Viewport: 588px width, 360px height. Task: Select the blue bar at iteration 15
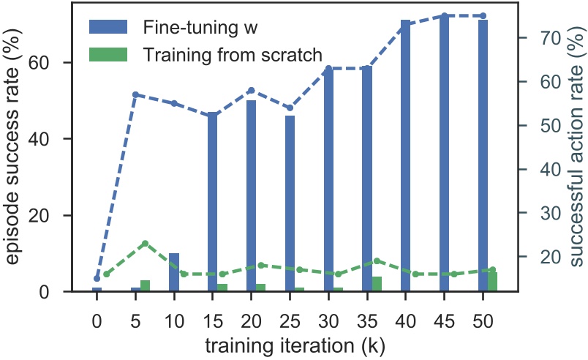(x=212, y=202)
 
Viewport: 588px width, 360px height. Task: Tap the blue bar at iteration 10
(x=174, y=272)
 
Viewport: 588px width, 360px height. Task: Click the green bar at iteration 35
(x=377, y=284)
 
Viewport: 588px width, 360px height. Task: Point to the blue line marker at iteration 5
(x=135, y=94)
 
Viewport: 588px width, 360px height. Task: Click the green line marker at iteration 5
(x=145, y=243)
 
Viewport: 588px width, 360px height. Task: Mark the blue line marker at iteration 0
(x=97, y=278)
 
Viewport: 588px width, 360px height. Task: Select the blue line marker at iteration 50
(x=483, y=15)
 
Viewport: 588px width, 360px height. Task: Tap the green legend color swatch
(x=108, y=54)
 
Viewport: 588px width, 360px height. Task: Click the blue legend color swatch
(x=108, y=27)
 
